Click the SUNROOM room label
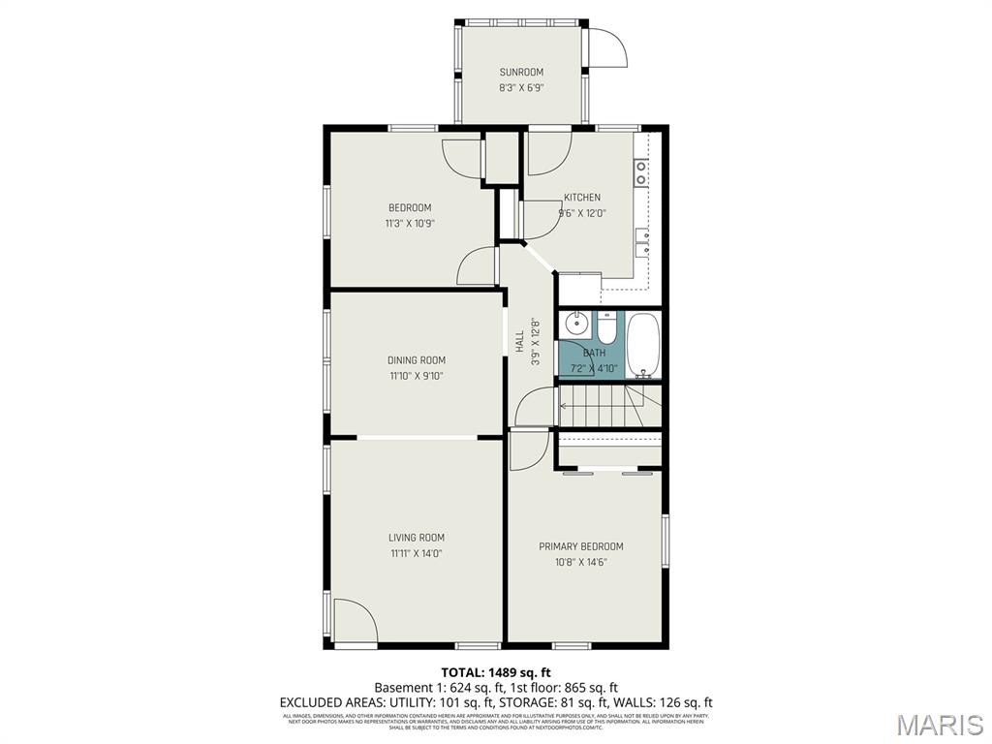point(521,72)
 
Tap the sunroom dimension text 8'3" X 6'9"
point(521,87)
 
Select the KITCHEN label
point(582,198)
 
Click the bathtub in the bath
point(643,345)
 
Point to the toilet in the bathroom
point(606,329)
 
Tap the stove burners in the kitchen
point(641,172)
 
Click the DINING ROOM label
point(417,360)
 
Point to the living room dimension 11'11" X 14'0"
point(417,553)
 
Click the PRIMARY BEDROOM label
point(581,546)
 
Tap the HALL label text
point(520,341)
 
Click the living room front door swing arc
point(355,620)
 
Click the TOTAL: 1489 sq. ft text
point(496,672)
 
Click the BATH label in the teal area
point(594,353)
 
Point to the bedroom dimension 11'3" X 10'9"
point(410,223)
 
